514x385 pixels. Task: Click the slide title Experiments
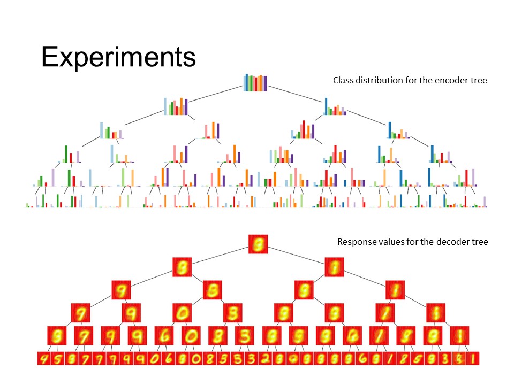pos(118,57)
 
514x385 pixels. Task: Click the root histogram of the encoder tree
pos(255,83)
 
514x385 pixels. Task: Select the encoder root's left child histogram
pos(176,106)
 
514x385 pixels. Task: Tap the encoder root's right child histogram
pos(335,106)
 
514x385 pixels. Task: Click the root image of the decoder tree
pos(258,244)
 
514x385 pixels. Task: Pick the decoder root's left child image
pos(182,267)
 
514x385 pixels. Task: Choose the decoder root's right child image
pos(334,267)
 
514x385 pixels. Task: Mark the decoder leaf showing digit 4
pos(43,359)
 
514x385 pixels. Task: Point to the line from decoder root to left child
pos(220,256)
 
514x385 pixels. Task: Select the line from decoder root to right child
pos(297,256)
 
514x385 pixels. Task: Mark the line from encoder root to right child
pos(296,94)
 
